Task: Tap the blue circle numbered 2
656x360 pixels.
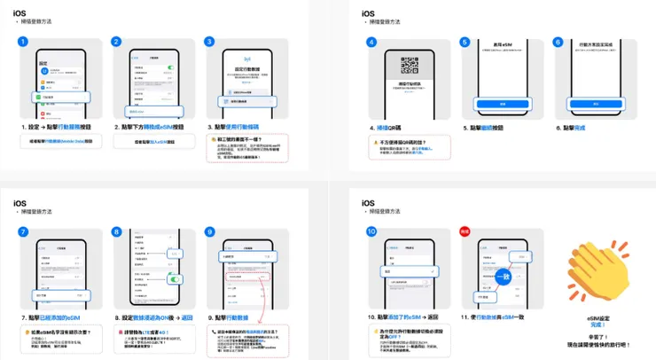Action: (116, 41)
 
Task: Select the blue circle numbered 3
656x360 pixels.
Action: (209, 41)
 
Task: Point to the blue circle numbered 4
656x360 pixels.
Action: (372, 41)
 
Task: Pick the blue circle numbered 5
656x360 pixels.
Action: (465, 41)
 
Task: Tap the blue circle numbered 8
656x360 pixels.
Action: (116, 231)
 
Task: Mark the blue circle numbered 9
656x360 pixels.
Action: (209, 231)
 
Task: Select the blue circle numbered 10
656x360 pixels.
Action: (372, 231)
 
